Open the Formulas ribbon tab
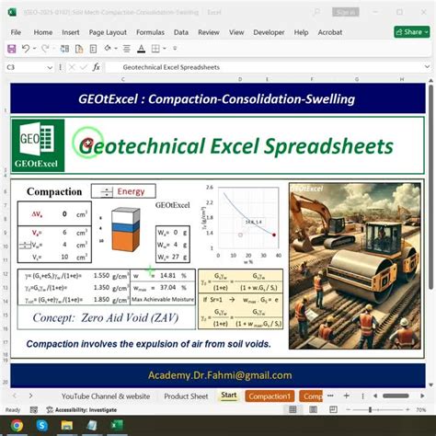pos(150,31)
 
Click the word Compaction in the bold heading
pos(54,192)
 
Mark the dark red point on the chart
pos(274,235)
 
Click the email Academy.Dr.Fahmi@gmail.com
pos(219,375)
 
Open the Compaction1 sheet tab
pos(269,396)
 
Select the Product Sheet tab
pos(186,396)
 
